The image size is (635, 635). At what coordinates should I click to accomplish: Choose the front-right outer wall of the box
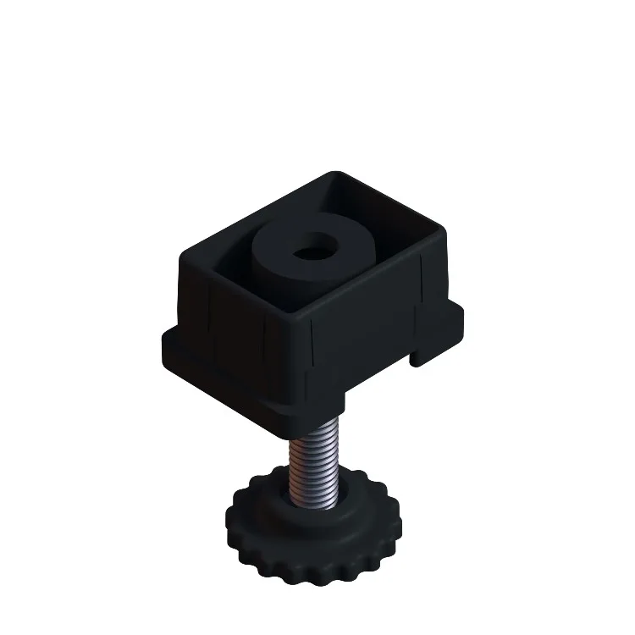tap(364, 339)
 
